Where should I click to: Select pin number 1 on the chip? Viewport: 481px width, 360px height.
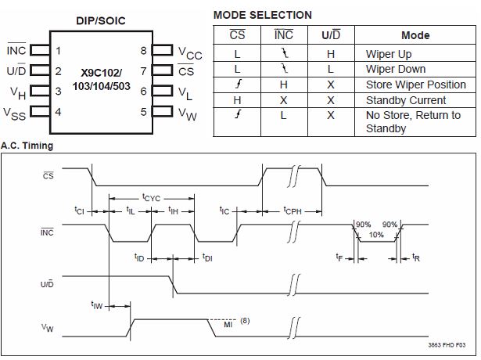[58, 52]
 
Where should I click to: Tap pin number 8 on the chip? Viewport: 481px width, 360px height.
[143, 52]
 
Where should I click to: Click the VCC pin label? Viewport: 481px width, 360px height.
[189, 54]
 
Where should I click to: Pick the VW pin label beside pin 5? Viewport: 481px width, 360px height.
[188, 113]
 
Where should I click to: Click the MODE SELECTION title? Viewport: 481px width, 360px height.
[262, 15]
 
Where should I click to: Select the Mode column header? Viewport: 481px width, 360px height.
[415, 35]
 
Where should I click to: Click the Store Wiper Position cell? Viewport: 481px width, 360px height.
[415, 85]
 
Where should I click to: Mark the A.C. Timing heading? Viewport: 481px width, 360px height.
[27, 146]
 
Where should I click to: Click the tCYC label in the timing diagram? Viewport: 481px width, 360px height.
[151, 198]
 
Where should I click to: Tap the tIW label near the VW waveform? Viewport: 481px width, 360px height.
[96, 305]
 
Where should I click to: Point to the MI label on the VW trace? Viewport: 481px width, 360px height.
[228, 323]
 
